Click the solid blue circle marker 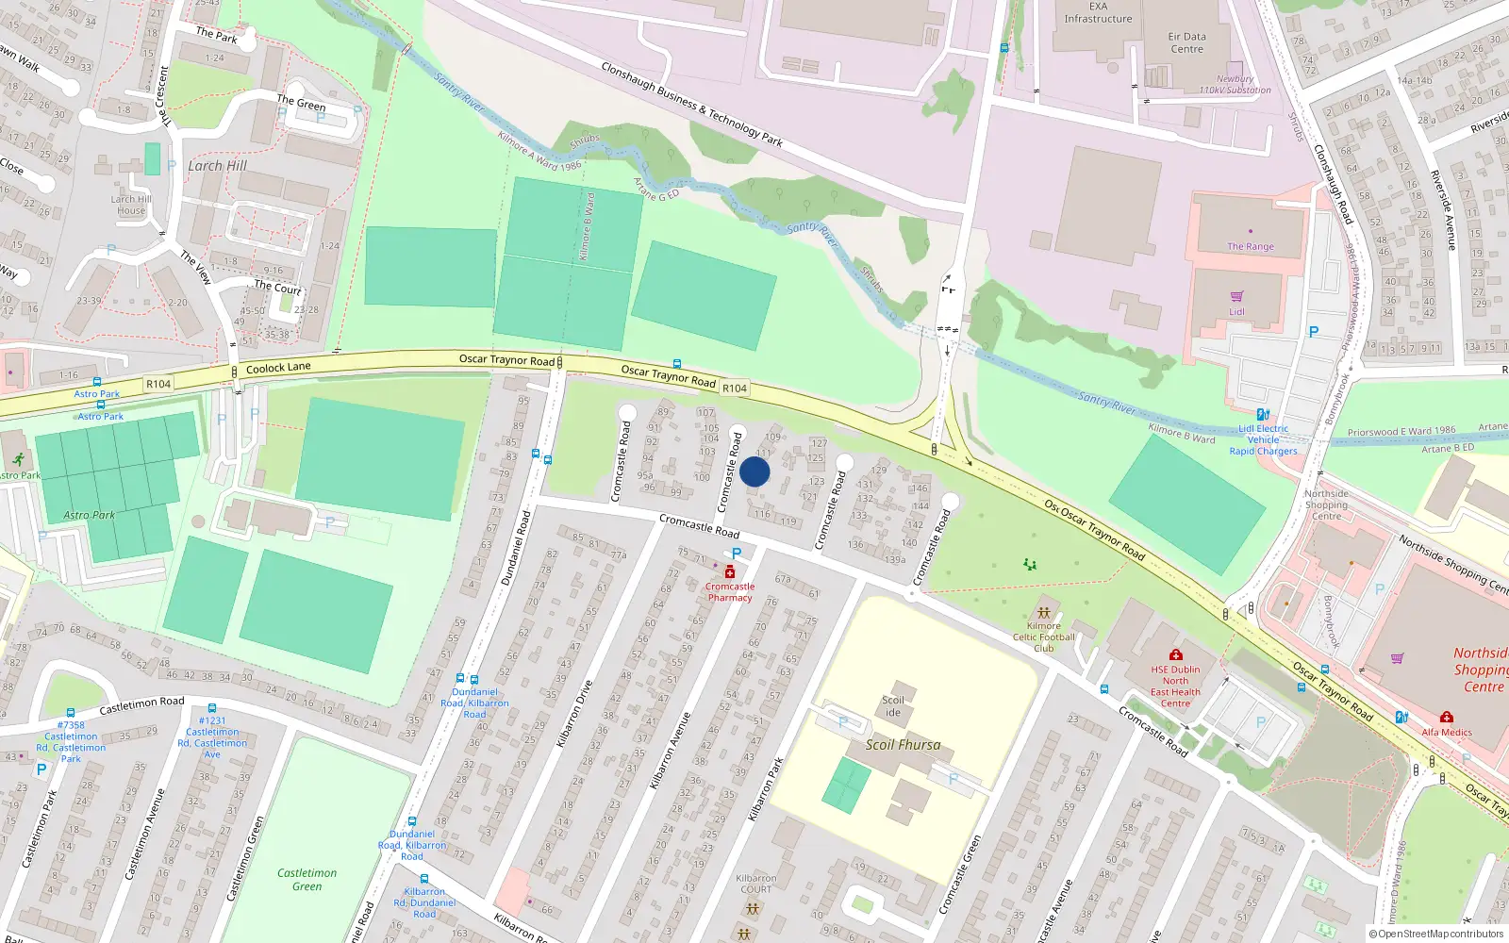[x=754, y=471]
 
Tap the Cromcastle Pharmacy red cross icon [x=730, y=572]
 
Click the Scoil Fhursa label [x=903, y=745]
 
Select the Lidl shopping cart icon [x=1236, y=297]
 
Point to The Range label [x=1250, y=246]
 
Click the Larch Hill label [x=217, y=166]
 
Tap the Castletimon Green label [x=307, y=879]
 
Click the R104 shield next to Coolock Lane [x=158, y=384]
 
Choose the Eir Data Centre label [x=1186, y=42]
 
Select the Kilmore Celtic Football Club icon [x=1043, y=612]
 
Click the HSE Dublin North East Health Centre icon [x=1175, y=655]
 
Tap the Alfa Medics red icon [x=1446, y=718]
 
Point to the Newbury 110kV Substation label [x=1235, y=85]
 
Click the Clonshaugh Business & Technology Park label [x=692, y=105]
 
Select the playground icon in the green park [x=1030, y=564]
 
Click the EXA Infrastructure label [x=1098, y=12]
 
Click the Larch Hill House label [x=131, y=205]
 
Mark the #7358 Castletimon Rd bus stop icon [x=70, y=713]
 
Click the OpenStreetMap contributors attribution [x=1435, y=934]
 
